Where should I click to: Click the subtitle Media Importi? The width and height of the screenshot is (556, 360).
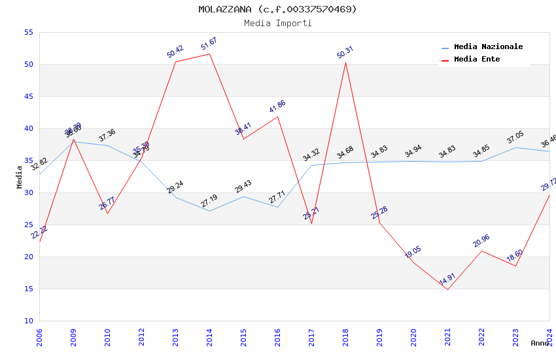(277, 23)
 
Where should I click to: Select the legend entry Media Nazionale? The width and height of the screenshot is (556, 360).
(488, 46)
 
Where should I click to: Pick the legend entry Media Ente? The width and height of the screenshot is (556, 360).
(477, 59)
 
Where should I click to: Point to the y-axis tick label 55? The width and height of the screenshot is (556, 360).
(27, 32)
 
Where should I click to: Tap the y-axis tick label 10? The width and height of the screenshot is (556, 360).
(27, 321)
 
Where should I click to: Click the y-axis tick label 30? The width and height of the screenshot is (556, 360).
(27, 192)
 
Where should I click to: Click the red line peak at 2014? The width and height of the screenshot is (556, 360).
(209, 54)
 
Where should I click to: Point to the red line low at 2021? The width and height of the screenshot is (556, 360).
(447, 289)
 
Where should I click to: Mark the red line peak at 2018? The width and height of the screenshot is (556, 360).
(345, 62)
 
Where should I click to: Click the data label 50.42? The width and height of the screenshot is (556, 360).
(175, 52)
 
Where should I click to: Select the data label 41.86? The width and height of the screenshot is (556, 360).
(277, 107)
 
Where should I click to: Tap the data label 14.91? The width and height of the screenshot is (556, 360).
(447, 279)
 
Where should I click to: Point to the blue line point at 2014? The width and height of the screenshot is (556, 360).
(209, 211)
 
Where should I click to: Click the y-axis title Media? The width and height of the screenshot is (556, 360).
(20, 177)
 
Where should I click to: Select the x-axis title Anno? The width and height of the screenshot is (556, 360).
(540, 343)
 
